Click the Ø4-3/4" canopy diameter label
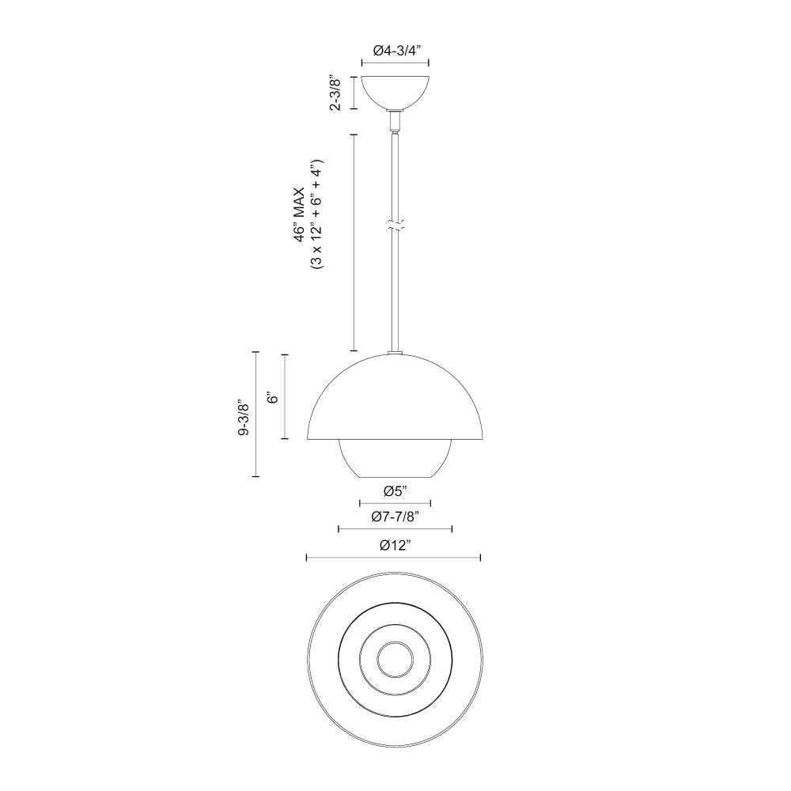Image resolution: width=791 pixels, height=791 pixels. [x=395, y=49]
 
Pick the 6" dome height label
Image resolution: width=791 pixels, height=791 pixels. [x=272, y=397]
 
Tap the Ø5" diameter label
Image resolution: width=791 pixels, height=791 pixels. [x=395, y=491]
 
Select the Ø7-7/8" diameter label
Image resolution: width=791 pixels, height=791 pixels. [x=395, y=517]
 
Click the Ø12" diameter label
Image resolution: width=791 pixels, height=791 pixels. [x=395, y=545]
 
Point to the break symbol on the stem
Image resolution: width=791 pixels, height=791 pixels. [x=395, y=225]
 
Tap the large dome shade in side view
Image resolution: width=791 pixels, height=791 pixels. [x=395, y=399]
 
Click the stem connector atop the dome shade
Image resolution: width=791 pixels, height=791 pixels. [x=395, y=353]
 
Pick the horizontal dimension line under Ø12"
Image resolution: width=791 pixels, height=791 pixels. [x=395, y=558]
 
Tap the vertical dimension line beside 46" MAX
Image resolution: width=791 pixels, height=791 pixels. [x=353, y=242]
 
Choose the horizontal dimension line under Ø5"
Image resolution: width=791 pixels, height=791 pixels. [x=395, y=503]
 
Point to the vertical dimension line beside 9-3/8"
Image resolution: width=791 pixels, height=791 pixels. [x=256, y=414]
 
